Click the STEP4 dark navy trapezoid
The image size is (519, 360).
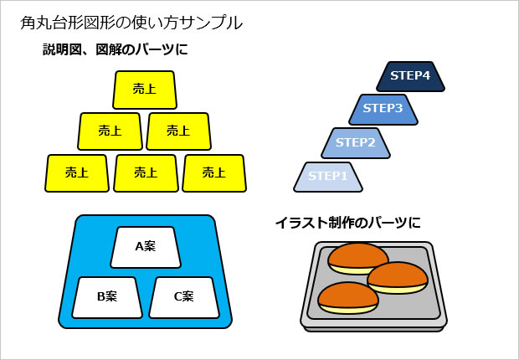[410, 76]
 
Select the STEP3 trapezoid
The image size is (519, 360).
[383, 109]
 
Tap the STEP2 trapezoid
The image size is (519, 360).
[355, 142]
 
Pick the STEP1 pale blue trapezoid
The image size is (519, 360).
[328, 176]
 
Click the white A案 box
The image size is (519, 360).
[146, 246]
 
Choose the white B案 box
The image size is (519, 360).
[106, 296]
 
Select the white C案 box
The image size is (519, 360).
[183, 296]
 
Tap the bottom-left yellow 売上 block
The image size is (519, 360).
[77, 173]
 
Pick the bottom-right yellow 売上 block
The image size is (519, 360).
[215, 173]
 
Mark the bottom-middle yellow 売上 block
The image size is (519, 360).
[146, 173]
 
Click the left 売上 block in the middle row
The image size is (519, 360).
[110, 131]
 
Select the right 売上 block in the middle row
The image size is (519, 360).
[178, 131]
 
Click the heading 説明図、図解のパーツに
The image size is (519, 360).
[116, 50]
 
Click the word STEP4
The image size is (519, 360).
[410, 76]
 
